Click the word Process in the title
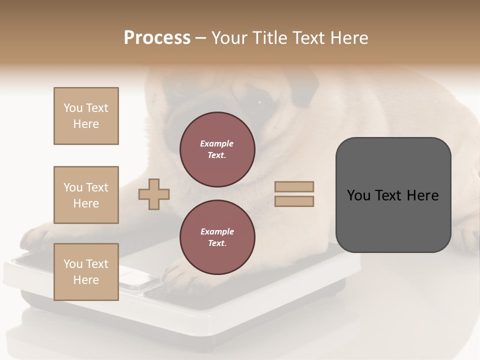(x=157, y=38)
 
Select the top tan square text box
(x=86, y=116)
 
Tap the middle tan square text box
(x=86, y=195)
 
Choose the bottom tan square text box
(x=86, y=271)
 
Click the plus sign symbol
(x=154, y=193)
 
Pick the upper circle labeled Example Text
(x=217, y=149)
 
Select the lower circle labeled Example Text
(x=217, y=237)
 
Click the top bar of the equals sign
(x=294, y=186)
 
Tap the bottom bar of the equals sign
(x=294, y=201)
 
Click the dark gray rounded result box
(x=393, y=220)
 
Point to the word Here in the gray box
(x=422, y=195)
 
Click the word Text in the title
(x=308, y=38)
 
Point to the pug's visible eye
(x=259, y=102)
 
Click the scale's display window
(x=138, y=278)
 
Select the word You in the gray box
(x=359, y=195)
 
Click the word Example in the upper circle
(x=217, y=143)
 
